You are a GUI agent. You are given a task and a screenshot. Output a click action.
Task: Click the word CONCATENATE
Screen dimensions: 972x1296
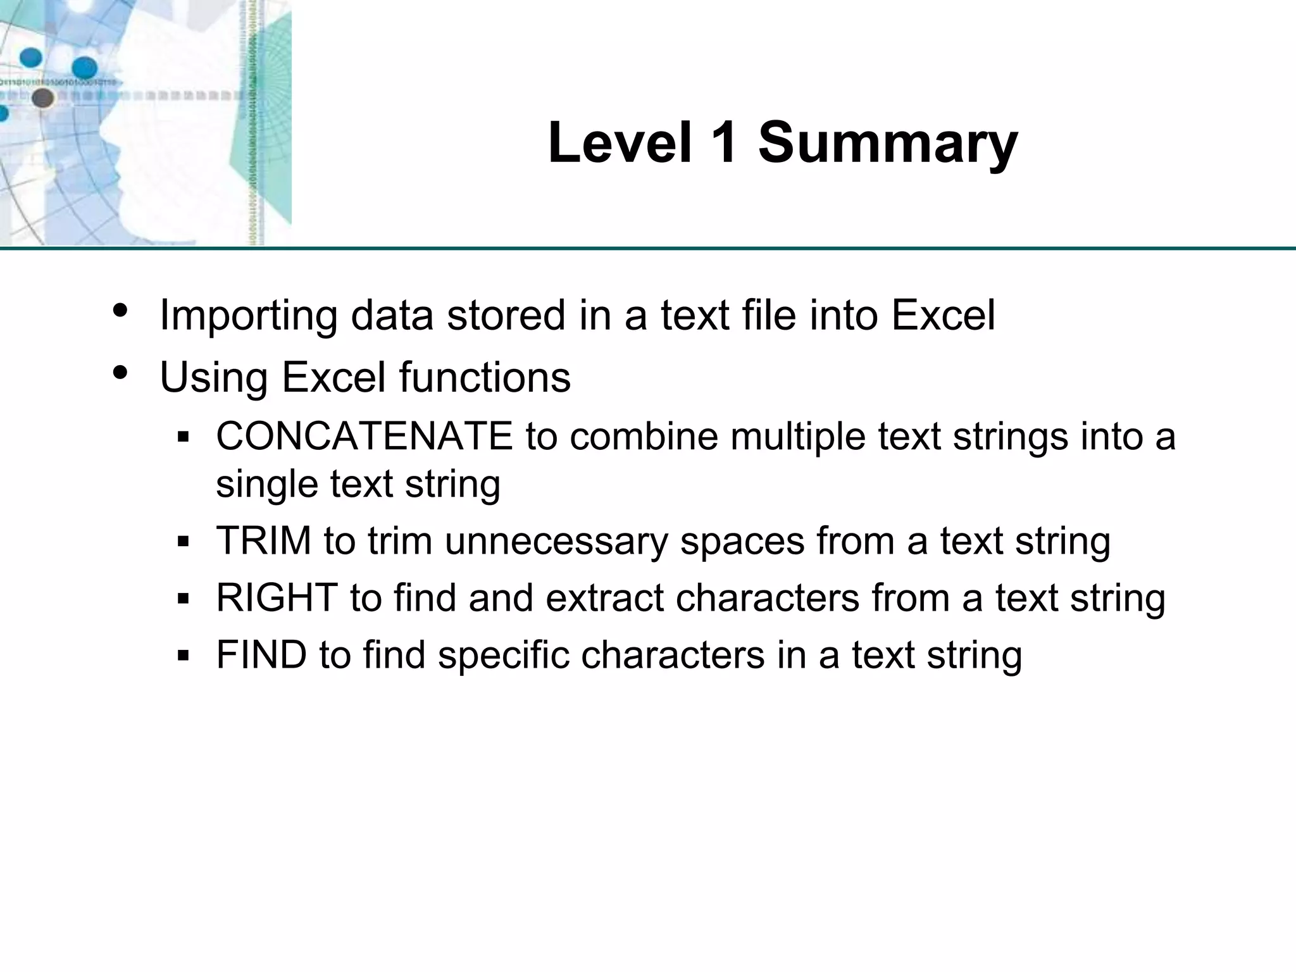pos(364,437)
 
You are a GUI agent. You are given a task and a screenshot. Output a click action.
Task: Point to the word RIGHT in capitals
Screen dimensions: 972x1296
pos(277,598)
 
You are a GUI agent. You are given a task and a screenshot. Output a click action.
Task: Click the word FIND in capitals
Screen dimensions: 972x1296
pos(261,655)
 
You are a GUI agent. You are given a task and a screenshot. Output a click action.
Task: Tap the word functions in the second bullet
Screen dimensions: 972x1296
pos(484,377)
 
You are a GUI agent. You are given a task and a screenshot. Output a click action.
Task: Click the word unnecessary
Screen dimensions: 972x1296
pos(556,542)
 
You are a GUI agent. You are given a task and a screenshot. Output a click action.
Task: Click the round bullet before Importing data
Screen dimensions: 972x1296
pos(120,311)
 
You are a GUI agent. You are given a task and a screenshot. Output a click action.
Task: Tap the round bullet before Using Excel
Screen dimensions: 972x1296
pos(120,373)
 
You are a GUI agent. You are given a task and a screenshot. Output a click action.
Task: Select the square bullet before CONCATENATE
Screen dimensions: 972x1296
pos(184,437)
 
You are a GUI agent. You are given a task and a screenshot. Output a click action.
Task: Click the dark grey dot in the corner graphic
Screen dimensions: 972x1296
pos(42,98)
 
